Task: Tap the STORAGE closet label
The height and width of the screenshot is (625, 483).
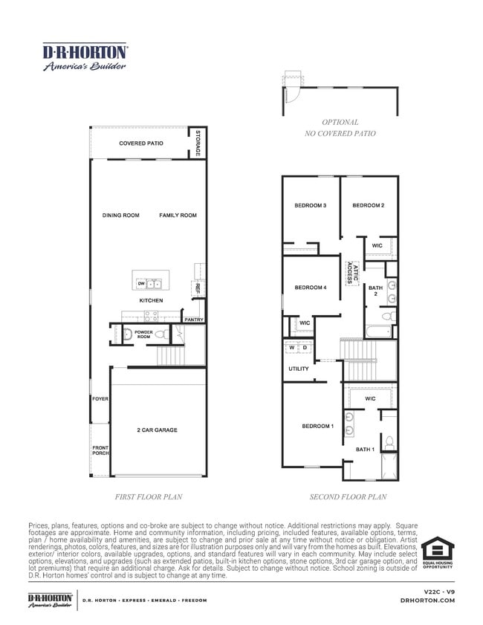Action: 198,143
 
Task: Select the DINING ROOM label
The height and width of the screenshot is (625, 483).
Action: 120,216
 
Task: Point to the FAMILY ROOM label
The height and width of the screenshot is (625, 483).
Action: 178,216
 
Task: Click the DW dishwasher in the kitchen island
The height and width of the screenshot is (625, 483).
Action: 140,284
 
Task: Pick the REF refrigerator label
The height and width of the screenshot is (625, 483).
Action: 198,288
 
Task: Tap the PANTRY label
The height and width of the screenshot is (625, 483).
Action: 194,320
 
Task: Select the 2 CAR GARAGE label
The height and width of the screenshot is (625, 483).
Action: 157,430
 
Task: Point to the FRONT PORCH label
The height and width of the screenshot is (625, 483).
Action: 100,450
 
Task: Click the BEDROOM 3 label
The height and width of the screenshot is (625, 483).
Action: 311,206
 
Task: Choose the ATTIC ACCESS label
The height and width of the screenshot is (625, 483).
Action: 353,275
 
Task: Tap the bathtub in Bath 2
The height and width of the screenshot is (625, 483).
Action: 378,331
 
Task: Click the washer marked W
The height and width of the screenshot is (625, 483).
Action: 292,347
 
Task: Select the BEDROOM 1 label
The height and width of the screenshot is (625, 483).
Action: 317,426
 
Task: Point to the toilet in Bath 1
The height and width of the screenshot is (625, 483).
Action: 388,443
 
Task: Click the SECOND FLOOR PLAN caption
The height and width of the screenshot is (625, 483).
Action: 348,497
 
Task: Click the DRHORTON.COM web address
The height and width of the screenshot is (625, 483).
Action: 427,600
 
